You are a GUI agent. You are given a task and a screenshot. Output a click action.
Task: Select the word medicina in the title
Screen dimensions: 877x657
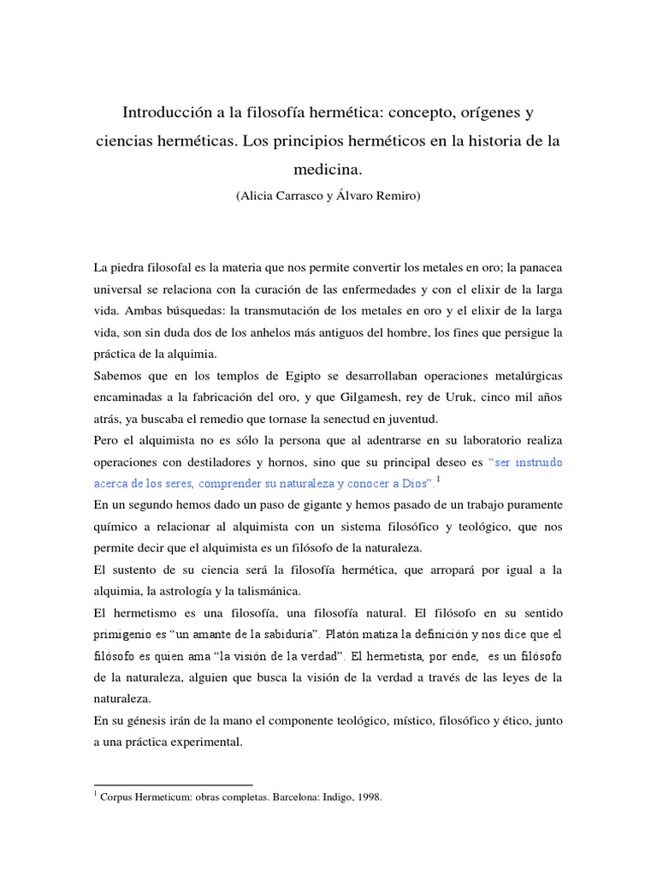[328, 168]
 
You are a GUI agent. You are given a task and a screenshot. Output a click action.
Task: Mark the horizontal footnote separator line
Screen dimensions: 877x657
[174, 784]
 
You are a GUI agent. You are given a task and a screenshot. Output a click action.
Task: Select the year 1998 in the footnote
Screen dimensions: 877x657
[365, 796]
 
